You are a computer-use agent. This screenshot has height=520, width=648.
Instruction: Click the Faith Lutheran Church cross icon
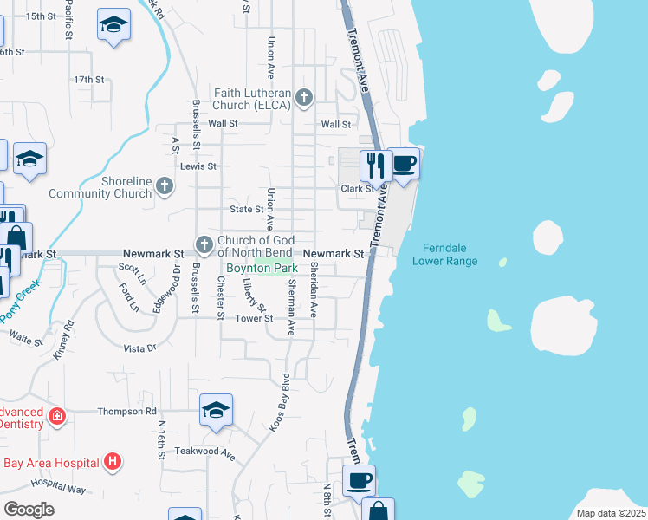coord(303,97)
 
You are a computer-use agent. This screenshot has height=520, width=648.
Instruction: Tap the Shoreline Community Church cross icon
coord(165,185)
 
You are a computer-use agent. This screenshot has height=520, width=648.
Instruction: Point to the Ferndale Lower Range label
coord(444,254)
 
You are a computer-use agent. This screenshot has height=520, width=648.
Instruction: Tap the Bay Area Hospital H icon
coord(112,462)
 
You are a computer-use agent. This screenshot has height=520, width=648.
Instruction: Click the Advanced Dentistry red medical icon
coord(57,417)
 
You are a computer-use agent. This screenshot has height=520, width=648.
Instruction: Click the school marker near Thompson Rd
coord(216,410)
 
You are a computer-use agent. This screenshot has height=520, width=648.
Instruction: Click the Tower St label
coord(256,319)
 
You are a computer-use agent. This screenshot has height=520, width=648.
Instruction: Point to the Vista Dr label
coord(139,348)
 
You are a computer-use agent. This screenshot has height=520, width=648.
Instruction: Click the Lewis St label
coord(198,166)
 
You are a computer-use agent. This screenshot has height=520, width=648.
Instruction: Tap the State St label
coord(247,210)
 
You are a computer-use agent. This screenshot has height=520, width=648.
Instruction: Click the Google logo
coord(29,509)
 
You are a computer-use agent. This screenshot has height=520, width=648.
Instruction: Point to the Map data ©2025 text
coord(611,513)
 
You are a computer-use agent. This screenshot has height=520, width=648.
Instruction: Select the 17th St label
coord(88,80)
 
